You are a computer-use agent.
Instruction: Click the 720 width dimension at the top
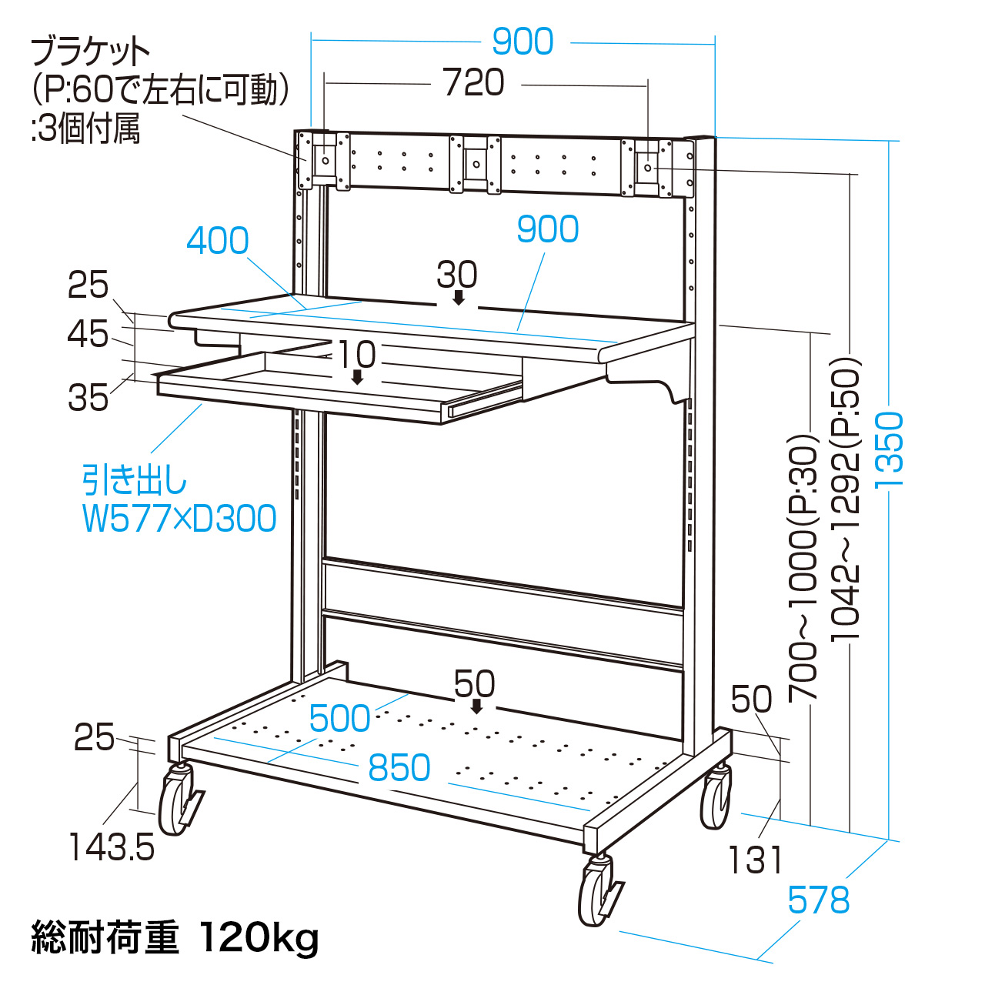(474, 83)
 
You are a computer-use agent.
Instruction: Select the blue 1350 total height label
(890, 449)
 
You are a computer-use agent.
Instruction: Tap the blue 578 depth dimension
(819, 900)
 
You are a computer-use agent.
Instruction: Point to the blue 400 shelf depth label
(218, 241)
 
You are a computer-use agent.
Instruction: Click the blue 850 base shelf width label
(399, 768)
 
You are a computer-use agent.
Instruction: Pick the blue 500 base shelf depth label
(339, 719)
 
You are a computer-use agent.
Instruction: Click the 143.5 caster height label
(112, 848)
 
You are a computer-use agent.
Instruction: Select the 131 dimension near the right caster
(756, 860)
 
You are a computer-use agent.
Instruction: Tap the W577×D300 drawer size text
(179, 519)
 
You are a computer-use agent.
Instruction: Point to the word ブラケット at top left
(91, 52)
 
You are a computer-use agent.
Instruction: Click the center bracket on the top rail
(476, 163)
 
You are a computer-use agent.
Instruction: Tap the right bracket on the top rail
(648, 168)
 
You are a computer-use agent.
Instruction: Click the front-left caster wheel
(176, 801)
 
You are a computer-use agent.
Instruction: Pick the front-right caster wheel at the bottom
(597, 892)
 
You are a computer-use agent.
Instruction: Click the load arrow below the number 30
(459, 298)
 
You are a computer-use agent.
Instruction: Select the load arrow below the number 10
(357, 377)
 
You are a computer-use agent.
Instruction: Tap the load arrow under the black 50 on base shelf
(476, 706)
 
